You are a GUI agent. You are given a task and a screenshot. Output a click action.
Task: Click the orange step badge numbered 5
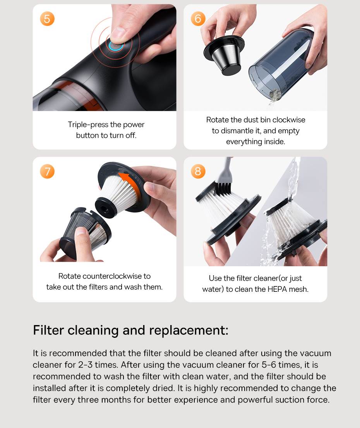coord(47,19)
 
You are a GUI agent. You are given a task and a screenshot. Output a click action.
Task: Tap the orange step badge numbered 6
coord(198,19)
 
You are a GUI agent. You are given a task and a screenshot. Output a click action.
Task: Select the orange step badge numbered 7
coord(47,171)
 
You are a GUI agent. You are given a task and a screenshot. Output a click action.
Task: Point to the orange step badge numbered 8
coord(198,171)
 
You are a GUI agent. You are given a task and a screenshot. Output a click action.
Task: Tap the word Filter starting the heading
coord(49,330)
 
